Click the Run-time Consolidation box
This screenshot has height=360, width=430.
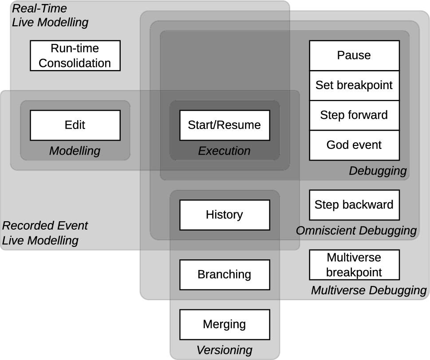[75, 55]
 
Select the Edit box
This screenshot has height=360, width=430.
[75, 125]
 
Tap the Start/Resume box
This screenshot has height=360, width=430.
[224, 125]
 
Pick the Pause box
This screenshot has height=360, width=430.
[354, 55]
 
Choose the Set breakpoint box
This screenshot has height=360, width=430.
[354, 85]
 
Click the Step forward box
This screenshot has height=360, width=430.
[354, 115]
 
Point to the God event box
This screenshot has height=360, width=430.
[354, 145]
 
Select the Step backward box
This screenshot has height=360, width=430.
[354, 205]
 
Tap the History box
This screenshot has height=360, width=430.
[224, 215]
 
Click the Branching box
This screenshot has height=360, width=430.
[224, 274]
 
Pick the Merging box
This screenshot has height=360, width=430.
[224, 324]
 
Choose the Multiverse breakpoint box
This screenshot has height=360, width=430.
[354, 265]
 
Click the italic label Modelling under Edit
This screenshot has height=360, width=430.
[75, 151]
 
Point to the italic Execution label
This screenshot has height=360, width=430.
[224, 151]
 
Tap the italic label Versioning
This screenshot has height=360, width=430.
[224, 350]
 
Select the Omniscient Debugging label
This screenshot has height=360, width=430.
[356, 231]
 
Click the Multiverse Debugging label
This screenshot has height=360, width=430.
[368, 290]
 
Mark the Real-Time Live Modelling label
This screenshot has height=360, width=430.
[50, 15]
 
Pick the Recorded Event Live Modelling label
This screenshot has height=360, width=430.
[45, 233]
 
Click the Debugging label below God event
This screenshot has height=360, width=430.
[378, 171]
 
